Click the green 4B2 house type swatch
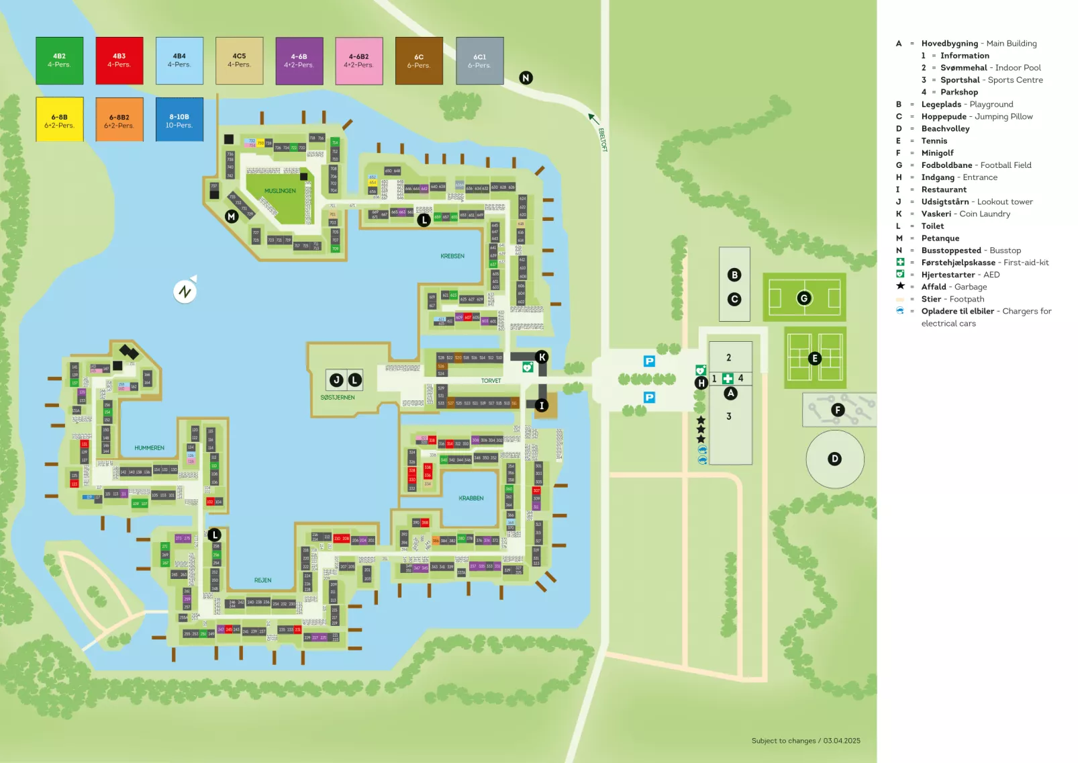[59, 60]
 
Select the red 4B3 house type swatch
[119, 60]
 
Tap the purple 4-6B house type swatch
[299, 61]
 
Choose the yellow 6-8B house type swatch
[59, 120]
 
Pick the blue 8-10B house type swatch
[179, 120]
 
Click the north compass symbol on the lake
[185, 291]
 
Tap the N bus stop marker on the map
[526, 78]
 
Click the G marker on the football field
[804, 298]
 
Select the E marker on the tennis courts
[815, 358]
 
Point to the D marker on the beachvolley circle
[835, 459]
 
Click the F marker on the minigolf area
[838, 410]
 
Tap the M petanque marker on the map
[232, 216]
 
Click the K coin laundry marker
[542, 357]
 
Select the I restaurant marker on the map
[542, 405]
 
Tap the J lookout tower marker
[336, 380]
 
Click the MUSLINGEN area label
[280, 191]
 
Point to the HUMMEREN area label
[149, 448]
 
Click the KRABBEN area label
[471, 498]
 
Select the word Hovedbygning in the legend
[949, 44]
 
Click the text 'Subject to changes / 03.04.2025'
[805, 741]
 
